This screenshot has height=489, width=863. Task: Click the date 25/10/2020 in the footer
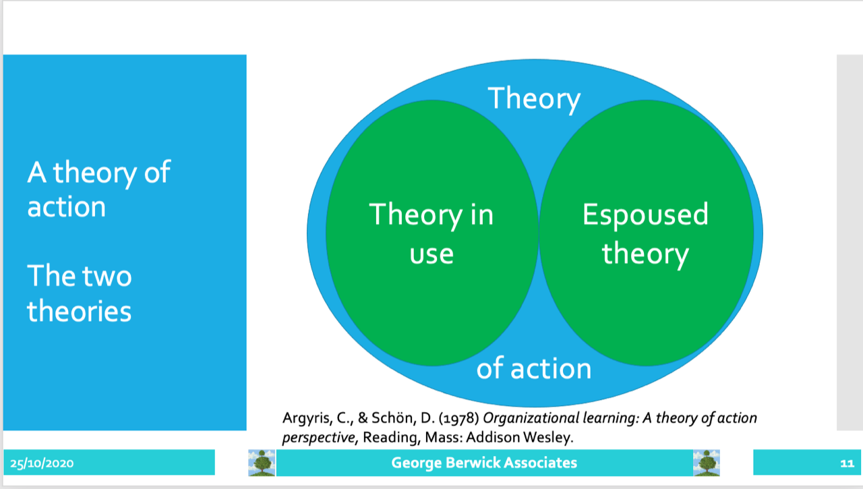(42, 463)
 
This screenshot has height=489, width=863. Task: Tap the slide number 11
(847, 463)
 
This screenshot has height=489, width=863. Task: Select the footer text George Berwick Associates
(484, 463)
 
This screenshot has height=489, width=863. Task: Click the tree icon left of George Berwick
(262, 463)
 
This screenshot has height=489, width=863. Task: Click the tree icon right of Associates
(707, 463)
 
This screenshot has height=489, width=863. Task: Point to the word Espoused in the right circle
(645, 215)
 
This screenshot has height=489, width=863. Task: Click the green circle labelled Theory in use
(432, 233)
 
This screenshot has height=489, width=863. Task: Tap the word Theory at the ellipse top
(534, 98)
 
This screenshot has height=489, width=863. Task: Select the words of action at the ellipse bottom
(534, 368)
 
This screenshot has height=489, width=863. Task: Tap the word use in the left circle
(431, 254)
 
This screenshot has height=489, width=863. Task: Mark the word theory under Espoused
(645, 254)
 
